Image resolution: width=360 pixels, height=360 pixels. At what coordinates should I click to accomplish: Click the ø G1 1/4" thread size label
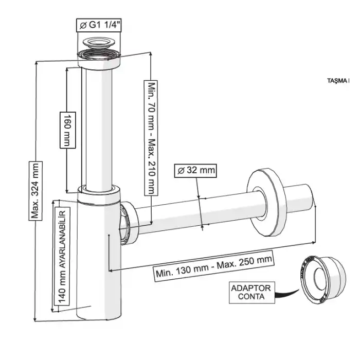click(x=100, y=24)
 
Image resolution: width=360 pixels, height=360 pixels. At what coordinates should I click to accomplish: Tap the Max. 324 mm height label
click(x=35, y=190)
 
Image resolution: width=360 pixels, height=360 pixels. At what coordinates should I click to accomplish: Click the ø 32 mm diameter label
click(x=195, y=169)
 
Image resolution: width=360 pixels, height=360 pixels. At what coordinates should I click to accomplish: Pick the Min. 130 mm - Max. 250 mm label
click(x=213, y=266)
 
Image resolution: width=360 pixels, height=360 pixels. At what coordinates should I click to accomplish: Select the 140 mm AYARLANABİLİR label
click(x=60, y=256)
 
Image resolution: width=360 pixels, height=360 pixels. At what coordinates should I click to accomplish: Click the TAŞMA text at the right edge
click(x=338, y=81)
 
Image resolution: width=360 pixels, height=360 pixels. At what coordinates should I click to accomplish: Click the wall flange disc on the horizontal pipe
click(x=267, y=203)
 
